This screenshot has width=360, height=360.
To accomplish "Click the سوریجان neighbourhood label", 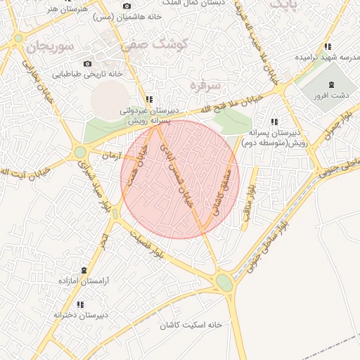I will pyautogui.click(x=47, y=48).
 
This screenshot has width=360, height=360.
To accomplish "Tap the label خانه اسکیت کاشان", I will pyautogui.click(x=191, y=326).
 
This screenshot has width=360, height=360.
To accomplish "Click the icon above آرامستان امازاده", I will pyautogui.click(x=84, y=271).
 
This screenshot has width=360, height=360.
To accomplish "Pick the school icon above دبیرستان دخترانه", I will pyautogui.click(x=79, y=304).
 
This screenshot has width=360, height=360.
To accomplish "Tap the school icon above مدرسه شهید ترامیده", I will pyautogui.click(x=327, y=47).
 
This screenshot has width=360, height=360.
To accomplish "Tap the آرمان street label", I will pyautogui.click(x=112, y=154).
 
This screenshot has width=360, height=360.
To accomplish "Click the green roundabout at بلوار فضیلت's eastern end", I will pyautogui.click(x=224, y=282).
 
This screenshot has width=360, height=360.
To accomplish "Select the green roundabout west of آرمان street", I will pyautogui.click(x=80, y=151).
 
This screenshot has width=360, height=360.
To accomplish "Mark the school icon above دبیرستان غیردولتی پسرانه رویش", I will pyautogui.click(x=148, y=100).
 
